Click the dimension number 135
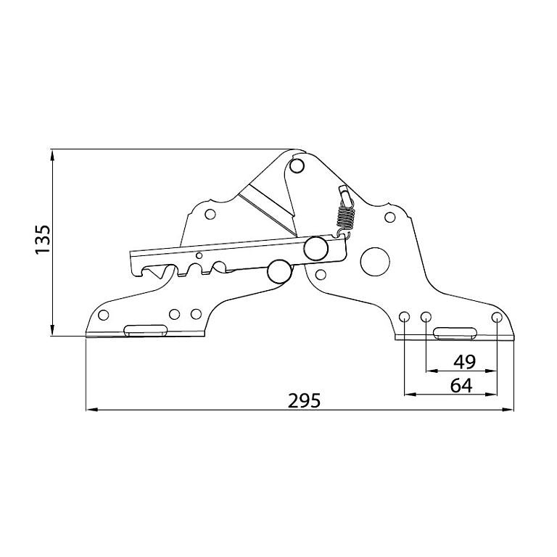[43, 239]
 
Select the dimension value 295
[304, 400]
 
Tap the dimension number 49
[464, 362]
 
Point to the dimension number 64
[461, 385]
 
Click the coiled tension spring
[346, 215]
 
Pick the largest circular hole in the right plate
[375, 261]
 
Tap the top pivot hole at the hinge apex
[296, 165]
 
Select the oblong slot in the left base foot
[145, 330]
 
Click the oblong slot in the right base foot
[455, 333]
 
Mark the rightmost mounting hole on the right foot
[497, 317]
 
